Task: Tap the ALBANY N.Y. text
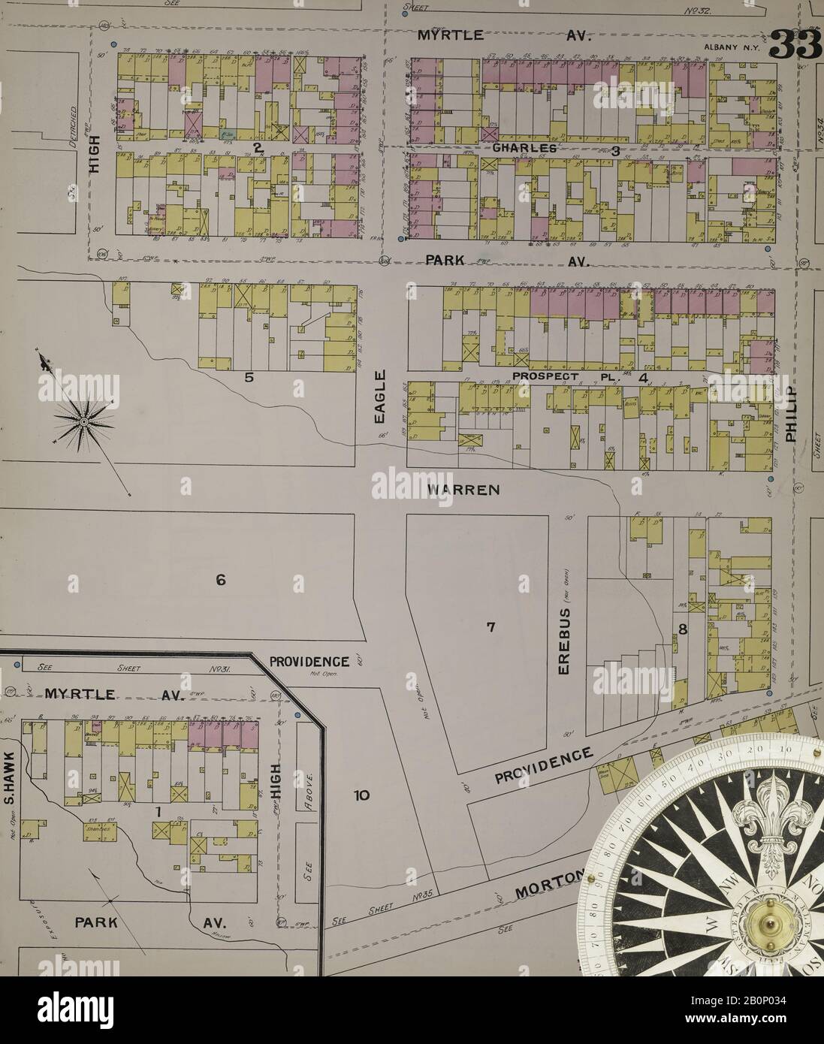pyautogui.click(x=732, y=48)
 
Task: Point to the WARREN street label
pyautogui.click(x=463, y=490)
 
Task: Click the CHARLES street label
pyautogui.click(x=525, y=149)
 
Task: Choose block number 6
pyautogui.click(x=221, y=579)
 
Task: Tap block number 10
pyautogui.click(x=361, y=795)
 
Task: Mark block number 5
pyautogui.click(x=249, y=378)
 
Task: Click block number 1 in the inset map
pyautogui.click(x=158, y=812)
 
